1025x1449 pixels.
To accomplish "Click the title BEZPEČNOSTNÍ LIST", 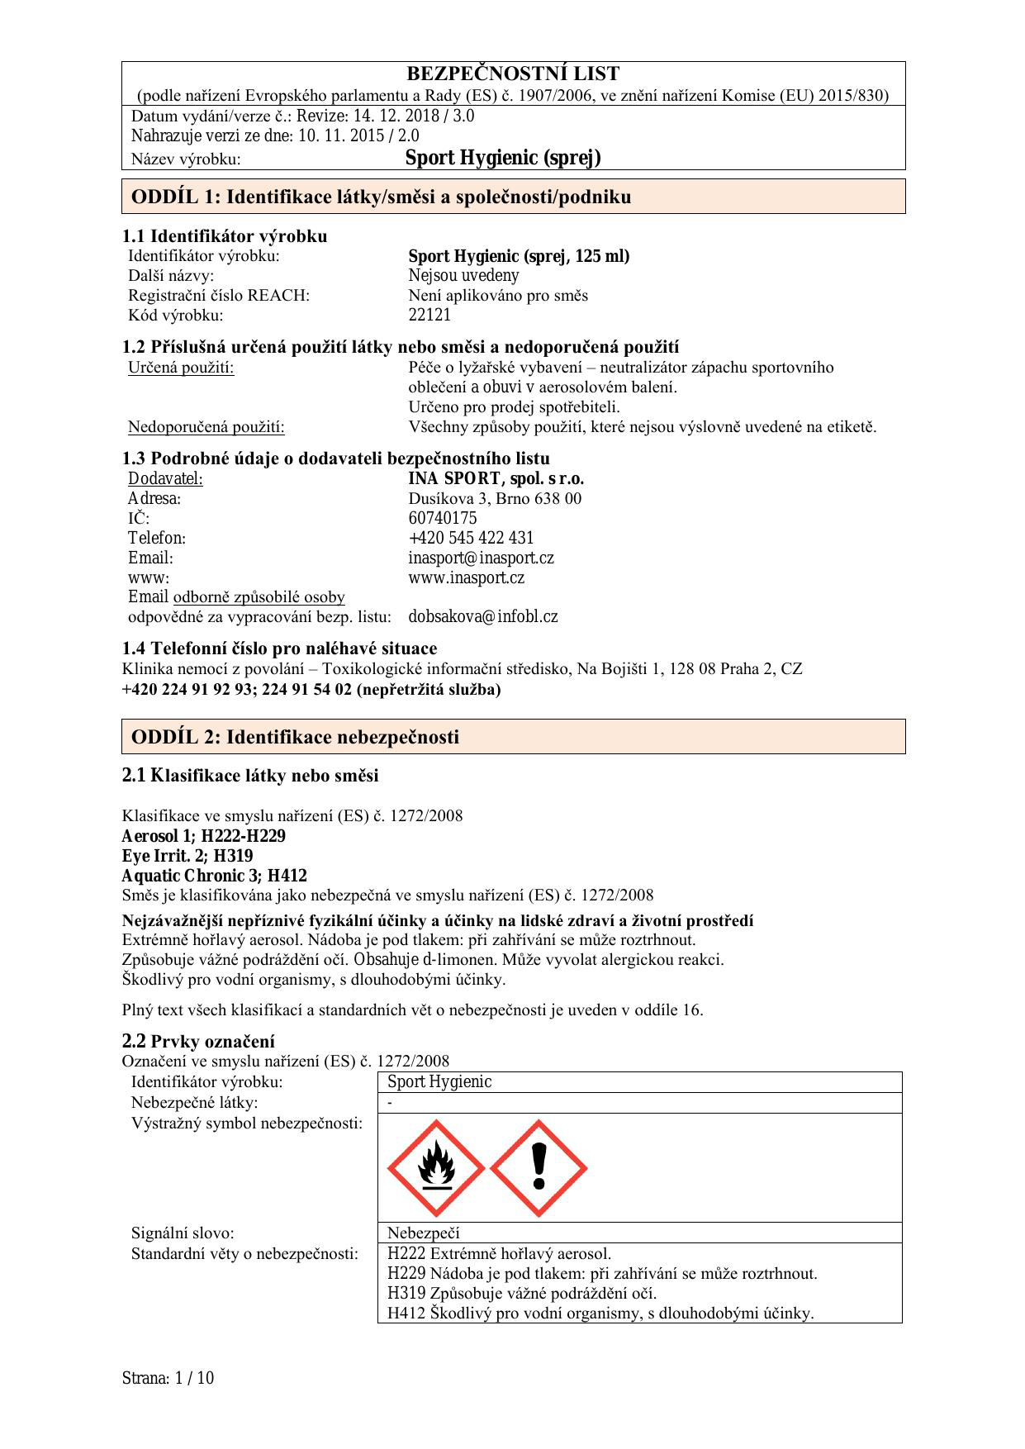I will point(513,74).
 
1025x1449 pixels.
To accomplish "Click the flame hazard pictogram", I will point(435,1168).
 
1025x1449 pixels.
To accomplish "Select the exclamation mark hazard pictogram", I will point(539,1168).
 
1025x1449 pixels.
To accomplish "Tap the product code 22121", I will point(429,315).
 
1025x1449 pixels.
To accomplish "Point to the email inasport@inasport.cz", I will point(481,558).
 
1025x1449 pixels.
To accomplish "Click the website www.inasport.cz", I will point(466,578).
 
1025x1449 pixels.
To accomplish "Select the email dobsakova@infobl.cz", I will point(483,616).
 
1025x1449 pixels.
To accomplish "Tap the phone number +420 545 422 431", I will point(471,539).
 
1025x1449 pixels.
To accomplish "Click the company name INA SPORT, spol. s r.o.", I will point(496,479).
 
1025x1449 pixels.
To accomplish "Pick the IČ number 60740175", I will point(443,519).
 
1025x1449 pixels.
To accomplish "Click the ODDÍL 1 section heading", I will point(381,197).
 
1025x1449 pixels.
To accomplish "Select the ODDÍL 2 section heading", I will point(295,737).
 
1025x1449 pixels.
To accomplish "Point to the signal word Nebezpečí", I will point(423,1233).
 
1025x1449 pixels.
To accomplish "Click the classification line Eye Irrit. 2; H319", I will point(187,856).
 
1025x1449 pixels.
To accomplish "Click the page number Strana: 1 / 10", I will point(168,1378).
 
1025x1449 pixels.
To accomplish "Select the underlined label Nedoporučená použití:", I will point(206,427).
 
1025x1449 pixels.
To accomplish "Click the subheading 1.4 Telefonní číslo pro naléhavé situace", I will point(279,648).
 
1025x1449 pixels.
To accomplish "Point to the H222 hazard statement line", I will point(499,1254).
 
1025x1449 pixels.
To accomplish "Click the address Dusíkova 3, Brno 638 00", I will point(495,499).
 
